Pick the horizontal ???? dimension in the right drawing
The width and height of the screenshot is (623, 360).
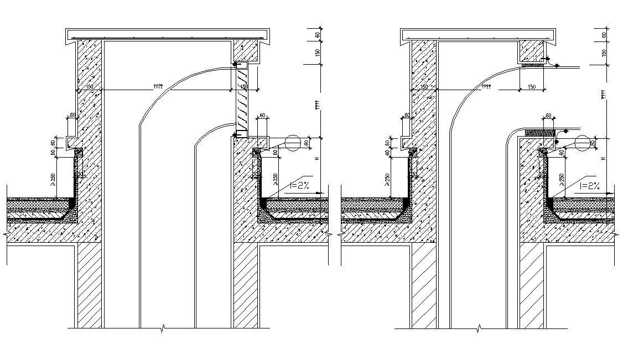(486, 87)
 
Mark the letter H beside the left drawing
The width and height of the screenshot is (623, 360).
(317, 159)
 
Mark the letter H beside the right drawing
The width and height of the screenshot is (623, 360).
(604, 159)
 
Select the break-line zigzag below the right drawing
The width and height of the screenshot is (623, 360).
(478, 330)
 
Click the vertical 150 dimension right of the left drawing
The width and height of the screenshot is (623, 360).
(317, 53)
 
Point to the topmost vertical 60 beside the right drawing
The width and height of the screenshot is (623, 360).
(604, 34)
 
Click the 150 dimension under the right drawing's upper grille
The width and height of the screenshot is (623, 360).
(531, 87)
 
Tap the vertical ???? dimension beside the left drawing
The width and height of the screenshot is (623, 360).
(317, 105)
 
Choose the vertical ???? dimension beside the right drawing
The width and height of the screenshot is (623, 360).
(604, 95)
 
